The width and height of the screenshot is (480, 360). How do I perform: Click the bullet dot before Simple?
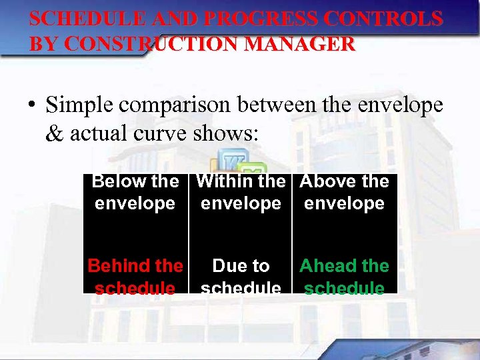pyautogui.click(x=32, y=105)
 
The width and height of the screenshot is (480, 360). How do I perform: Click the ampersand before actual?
pyautogui.click(x=54, y=133)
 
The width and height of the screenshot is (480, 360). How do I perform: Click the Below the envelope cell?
pyautogui.click(x=135, y=192)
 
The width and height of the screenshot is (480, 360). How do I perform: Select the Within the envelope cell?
pyautogui.click(x=241, y=192)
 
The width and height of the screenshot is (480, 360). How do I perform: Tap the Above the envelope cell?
pyautogui.click(x=345, y=192)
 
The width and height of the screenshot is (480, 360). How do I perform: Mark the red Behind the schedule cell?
pyautogui.click(x=135, y=276)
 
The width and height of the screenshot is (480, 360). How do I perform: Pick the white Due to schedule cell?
pyautogui.click(x=241, y=276)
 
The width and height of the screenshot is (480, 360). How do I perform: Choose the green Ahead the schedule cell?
pyautogui.click(x=345, y=276)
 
